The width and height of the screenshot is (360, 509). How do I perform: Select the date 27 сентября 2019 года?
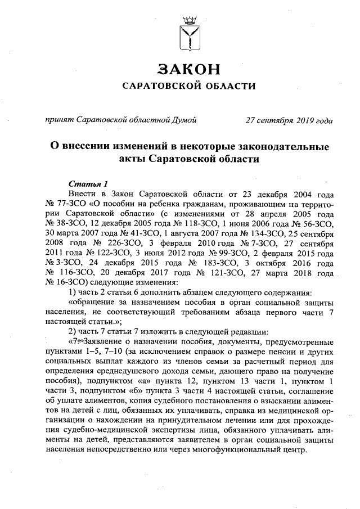pos(289,120)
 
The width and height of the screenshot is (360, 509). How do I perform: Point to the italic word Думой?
pos(183,120)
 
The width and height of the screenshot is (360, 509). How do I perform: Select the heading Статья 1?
pos(88,183)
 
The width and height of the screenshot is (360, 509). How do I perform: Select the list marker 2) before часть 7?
pos(73,330)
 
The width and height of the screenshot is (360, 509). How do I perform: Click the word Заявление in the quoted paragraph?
pos(101,339)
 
